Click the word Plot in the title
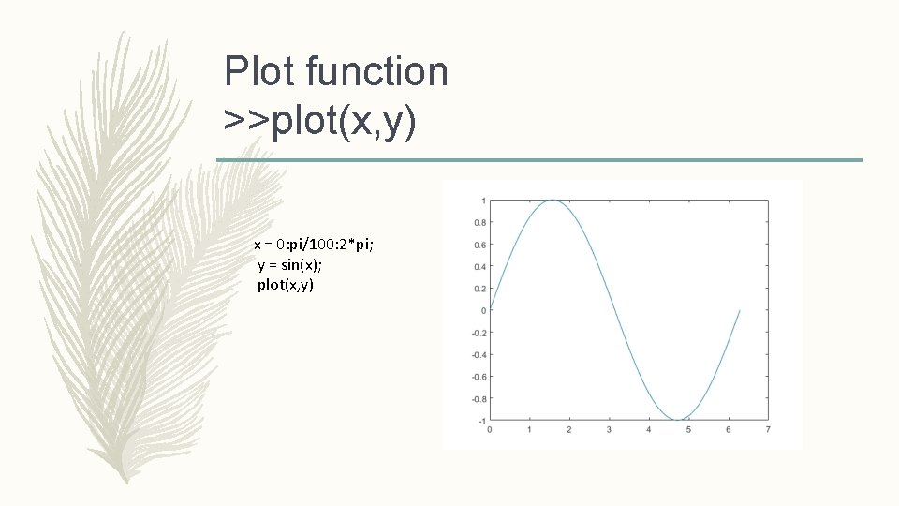click(x=258, y=71)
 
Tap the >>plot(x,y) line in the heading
click(x=319, y=121)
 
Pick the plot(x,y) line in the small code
click(x=286, y=284)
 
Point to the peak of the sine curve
click(x=553, y=201)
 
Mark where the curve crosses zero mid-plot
click(x=615, y=310)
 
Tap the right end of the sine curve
click(x=740, y=310)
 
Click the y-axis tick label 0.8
click(x=479, y=223)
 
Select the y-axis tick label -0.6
click(x=478, y=377)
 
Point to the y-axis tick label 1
click(x=483, y=201)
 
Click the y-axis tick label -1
click(x=481, y=421)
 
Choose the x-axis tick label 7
click(x=768, y=430)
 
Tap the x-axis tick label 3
click(x=609, y=430)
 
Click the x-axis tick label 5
click(x=688, y=430)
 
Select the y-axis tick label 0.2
click(x=479, y=289)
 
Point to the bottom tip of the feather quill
click(x=127, y=481)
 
